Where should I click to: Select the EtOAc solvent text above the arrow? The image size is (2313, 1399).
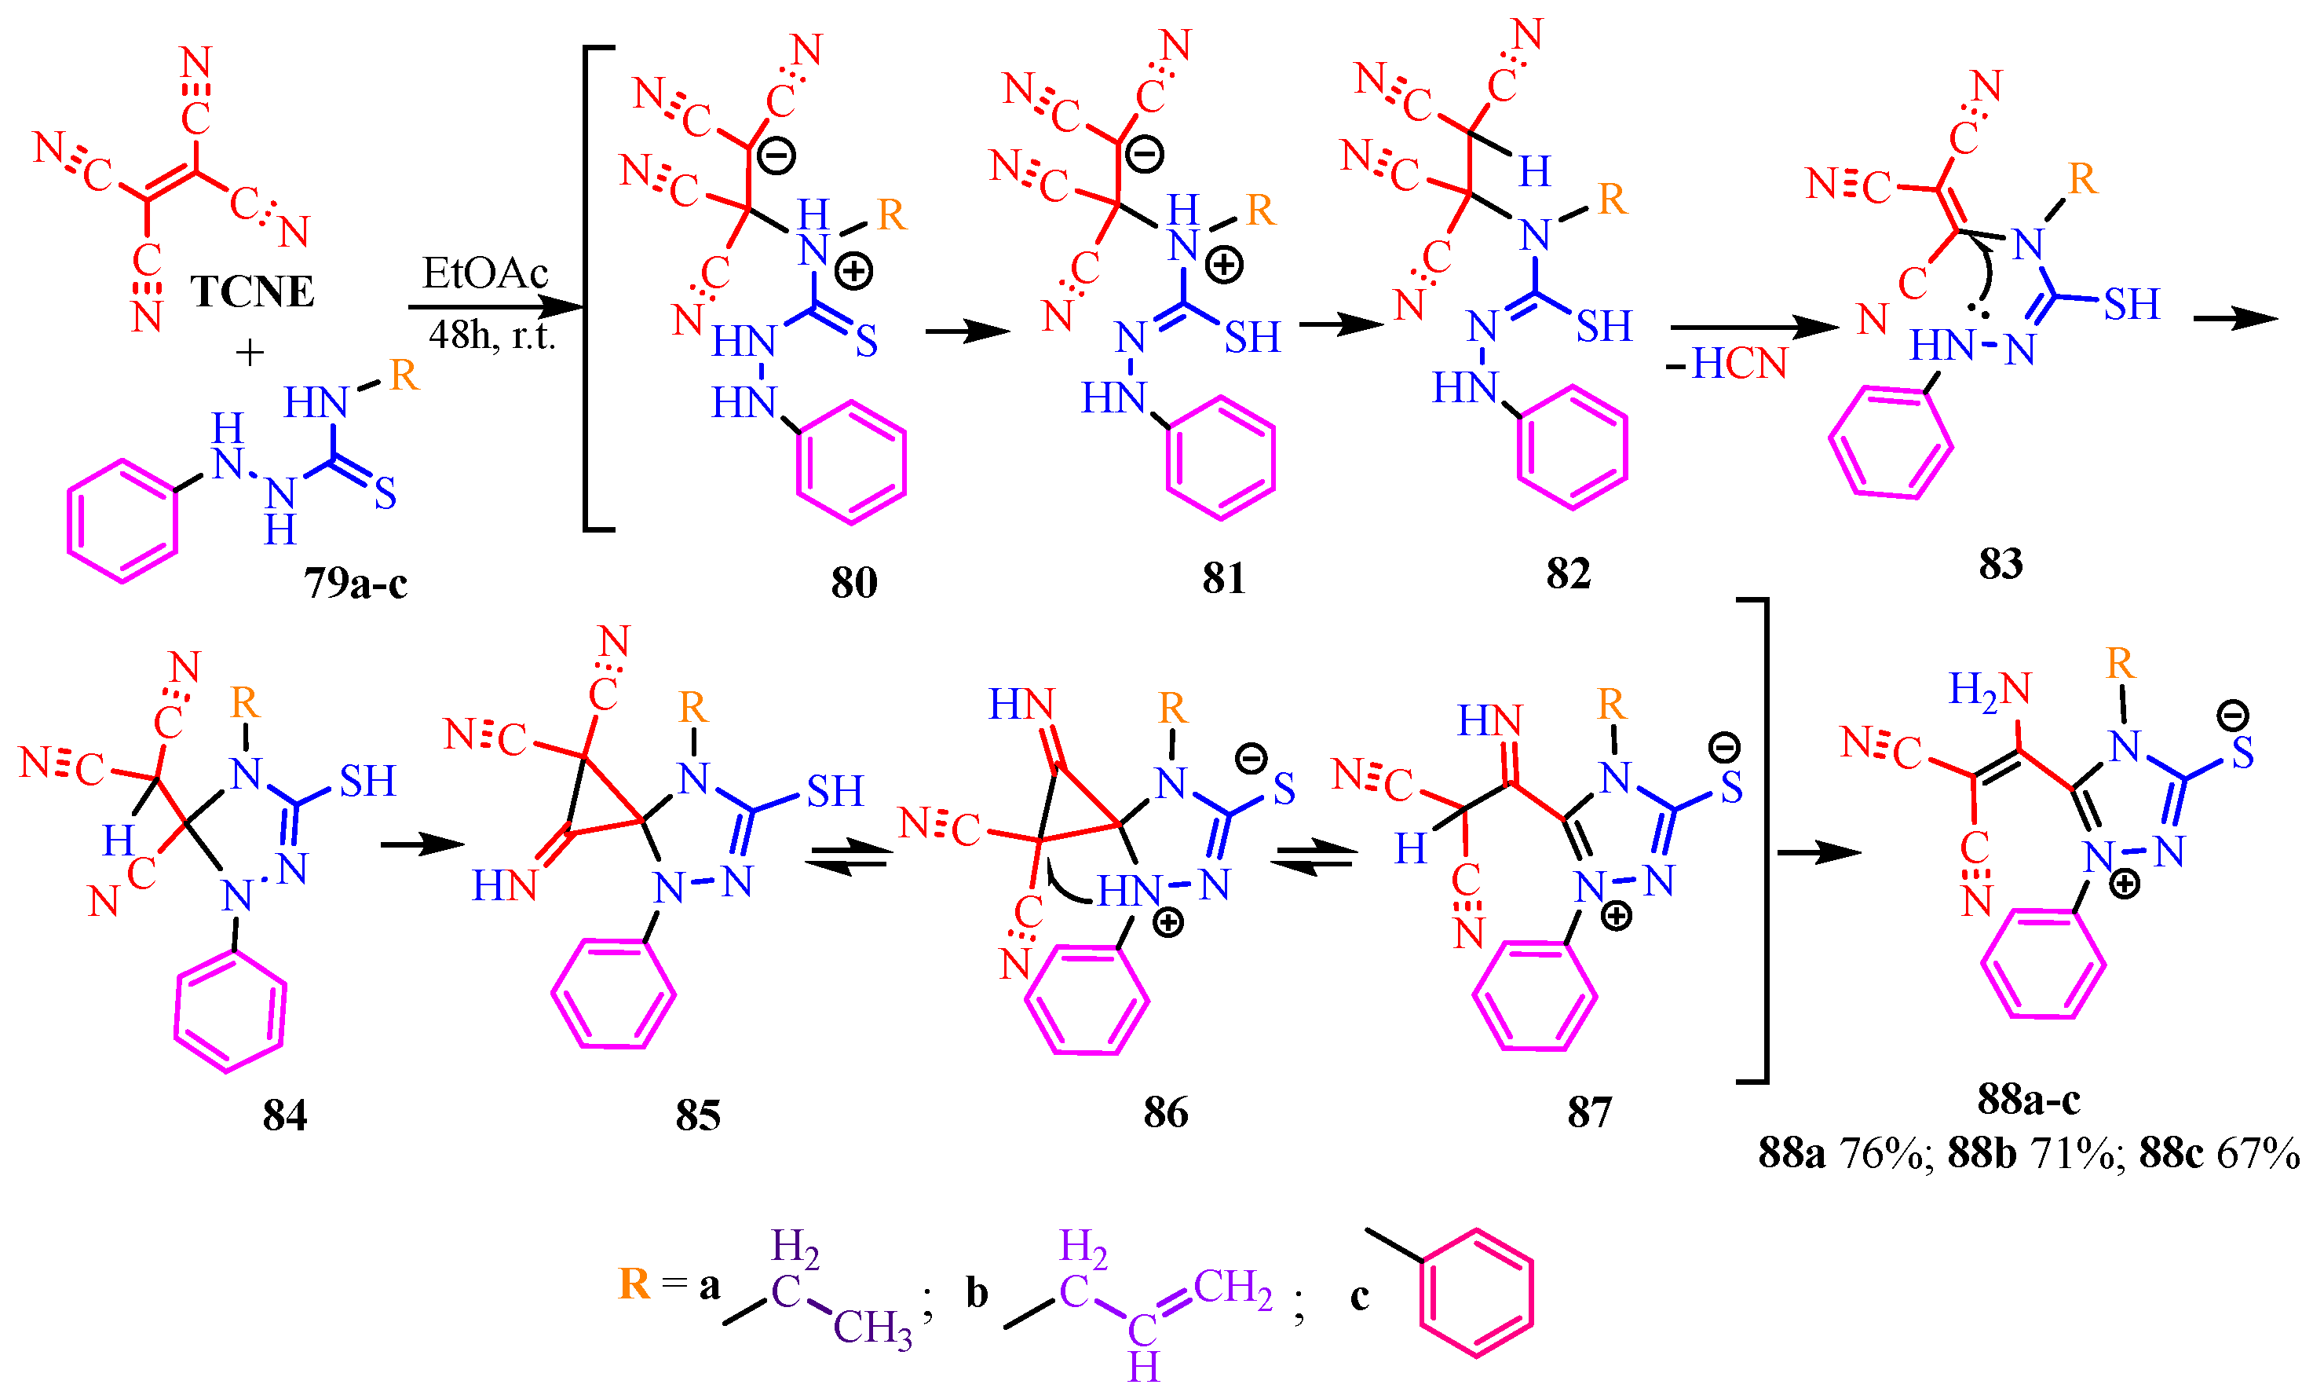tap(484, 273)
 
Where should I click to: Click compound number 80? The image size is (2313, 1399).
tap(853, 582)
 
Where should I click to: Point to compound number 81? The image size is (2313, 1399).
tap(1224, 577)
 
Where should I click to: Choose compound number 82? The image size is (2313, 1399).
tap(1569, 573)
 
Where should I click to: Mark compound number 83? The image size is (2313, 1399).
tap(2001, 563)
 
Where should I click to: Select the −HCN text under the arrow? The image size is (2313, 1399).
tap(1727, 364)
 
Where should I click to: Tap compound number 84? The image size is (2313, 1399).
tap(284, 1115)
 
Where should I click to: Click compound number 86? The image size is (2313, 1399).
tap(1165, 1112)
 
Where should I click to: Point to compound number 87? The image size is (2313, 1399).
tap(1589, 1112)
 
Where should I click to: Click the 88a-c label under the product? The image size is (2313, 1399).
tap(2028, 1099)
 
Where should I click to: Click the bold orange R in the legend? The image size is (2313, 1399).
tap(634, 1284)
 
